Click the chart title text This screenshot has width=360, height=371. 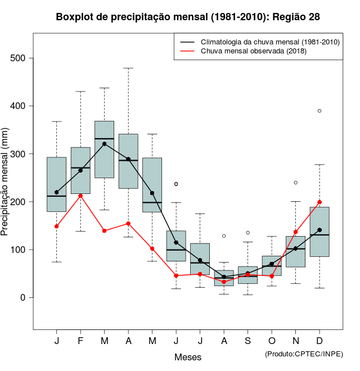click(188, 17)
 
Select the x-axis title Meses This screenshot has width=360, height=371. click(188, 357)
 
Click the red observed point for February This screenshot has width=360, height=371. click(80, 196)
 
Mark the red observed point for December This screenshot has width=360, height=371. click(319, 202)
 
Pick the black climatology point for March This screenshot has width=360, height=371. click(105, 144)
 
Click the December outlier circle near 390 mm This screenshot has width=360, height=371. click(319, 111)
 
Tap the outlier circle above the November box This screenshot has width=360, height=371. click(296, 183)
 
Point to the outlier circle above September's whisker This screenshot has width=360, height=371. click(248, 233)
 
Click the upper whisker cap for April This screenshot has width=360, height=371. click(128, 68)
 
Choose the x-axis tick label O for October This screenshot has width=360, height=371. click(272, 341)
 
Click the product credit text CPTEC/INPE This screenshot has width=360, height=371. click(304, 354)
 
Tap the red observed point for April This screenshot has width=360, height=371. click(128, 223)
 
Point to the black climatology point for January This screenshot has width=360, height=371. click(56, 192)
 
